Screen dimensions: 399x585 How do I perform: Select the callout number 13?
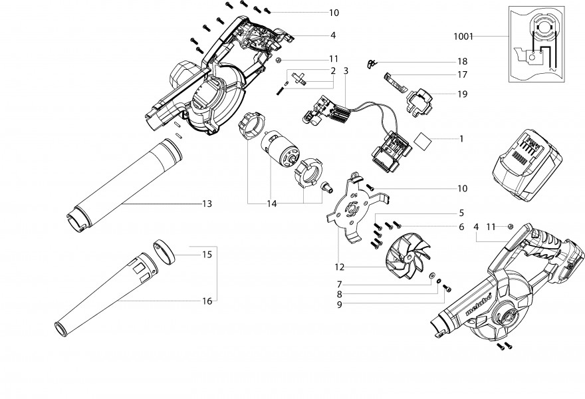(x=207, y=203)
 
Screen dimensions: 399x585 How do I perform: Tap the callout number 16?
(x=207, y=301)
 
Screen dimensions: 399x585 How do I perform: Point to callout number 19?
(x=463, y=94)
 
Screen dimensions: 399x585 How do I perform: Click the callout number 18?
(x=463, y=61)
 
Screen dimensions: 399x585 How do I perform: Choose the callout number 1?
(x=461, y=140)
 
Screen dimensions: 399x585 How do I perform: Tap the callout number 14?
(x=272, y=203)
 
